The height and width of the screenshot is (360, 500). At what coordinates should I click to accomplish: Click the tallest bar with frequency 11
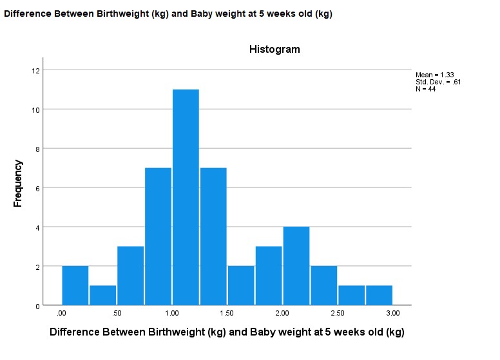186,197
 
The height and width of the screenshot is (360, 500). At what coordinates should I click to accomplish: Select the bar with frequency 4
296,266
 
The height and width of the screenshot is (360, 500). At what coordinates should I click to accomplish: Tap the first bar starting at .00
75,285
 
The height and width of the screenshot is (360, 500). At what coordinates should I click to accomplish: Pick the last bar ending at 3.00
379,296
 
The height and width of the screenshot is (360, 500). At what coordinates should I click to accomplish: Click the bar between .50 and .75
130,276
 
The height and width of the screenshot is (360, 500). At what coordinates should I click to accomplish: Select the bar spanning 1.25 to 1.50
213,236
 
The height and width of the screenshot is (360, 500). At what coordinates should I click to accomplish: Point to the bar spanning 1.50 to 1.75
241,285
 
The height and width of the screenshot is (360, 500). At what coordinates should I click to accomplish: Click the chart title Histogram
274,50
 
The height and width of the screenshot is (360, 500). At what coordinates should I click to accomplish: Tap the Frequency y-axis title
18,183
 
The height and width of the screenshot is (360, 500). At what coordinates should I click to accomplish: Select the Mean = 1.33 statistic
435,75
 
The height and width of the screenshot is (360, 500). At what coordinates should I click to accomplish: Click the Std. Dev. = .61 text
438,82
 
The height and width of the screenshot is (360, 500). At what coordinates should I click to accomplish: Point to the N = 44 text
426,89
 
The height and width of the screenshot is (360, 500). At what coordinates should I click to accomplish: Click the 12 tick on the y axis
36,70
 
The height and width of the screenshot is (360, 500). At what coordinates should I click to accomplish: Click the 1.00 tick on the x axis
172,314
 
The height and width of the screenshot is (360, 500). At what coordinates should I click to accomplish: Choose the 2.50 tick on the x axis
337,314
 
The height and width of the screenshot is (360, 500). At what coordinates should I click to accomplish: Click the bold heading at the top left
168,14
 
